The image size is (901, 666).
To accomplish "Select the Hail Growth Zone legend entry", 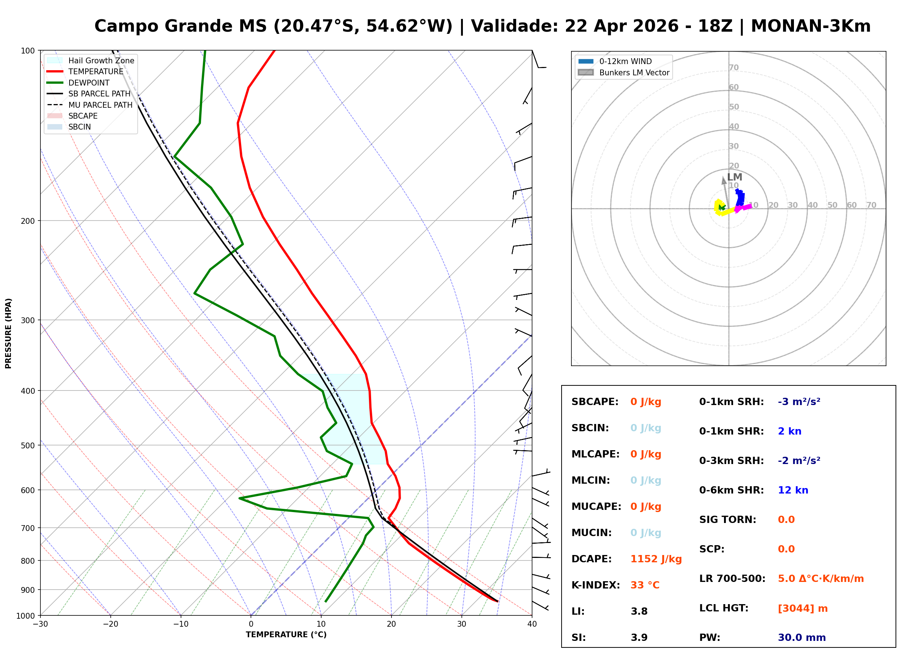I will (x=101, y=60).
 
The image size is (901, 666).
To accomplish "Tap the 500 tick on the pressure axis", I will (x=27, y=445).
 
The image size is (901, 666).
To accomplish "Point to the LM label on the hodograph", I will (x=735, y=177).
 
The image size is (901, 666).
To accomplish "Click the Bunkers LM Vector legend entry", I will (x=634, y=72).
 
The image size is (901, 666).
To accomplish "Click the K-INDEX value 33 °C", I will (x=645, y=585).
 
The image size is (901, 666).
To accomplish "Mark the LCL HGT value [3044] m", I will (x=803, y=608).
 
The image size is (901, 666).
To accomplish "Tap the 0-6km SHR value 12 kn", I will (x=793, y=490).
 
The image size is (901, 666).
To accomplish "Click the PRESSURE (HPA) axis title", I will (x=8, y=333).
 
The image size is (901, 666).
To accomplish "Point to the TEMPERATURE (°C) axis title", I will (x=286, y=635).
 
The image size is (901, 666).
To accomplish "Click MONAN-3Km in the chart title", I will (x=811, y=26).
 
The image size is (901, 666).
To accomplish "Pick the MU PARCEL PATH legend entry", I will (x=100, y=105).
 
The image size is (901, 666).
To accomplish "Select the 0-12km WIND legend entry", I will (x=625, y=61).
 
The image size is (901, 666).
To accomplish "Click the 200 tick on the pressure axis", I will (x=27, y=221).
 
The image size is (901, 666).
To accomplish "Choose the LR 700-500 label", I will (x=732, y=579).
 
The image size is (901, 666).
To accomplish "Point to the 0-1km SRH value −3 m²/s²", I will (x=799, y=402).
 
